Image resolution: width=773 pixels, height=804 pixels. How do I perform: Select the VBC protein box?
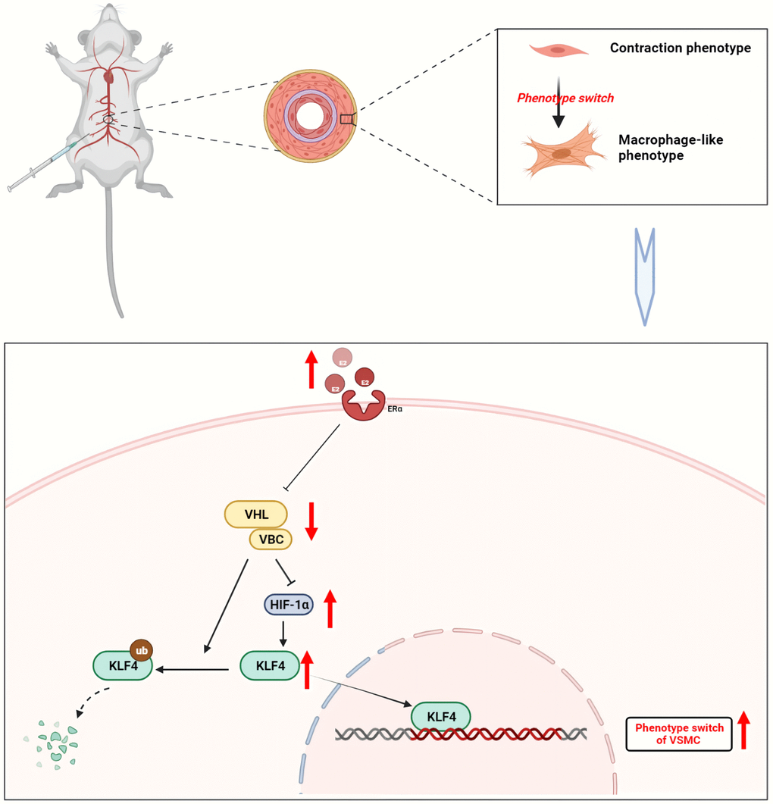click(x=271, y=540)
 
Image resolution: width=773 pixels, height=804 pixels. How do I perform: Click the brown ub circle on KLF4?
click(x=142, y=649)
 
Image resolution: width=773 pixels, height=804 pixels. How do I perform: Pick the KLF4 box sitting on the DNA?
click(x=440, y=715)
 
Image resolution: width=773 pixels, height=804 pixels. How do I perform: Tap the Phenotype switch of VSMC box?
click(x=679, y=733)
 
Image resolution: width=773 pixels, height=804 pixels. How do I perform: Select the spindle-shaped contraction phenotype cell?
click(x=559, y=50)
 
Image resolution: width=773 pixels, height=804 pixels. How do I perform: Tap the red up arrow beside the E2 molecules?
click(x=311, y=370)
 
